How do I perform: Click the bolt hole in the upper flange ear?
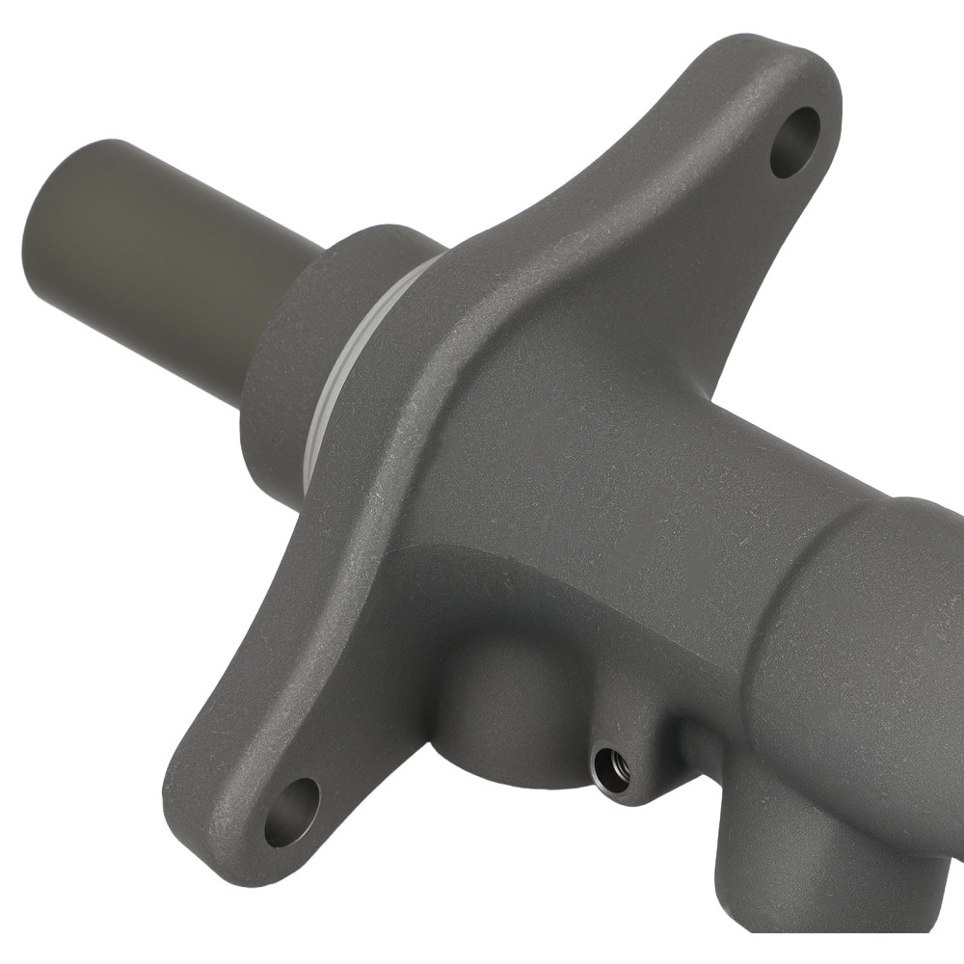795,142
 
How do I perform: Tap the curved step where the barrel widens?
810,549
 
